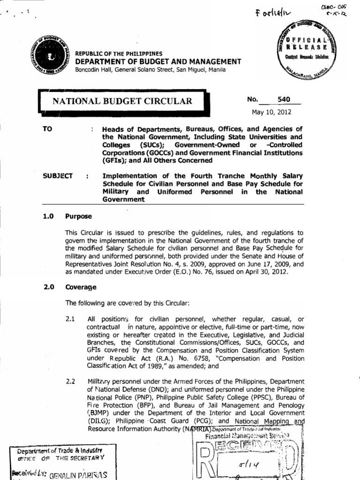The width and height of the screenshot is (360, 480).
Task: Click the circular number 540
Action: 284,99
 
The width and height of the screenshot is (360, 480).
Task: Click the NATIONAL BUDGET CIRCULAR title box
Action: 122,101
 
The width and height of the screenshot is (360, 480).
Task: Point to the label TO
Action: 47,129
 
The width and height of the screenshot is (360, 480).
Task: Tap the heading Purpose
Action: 78,217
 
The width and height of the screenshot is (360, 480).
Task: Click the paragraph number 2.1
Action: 71,319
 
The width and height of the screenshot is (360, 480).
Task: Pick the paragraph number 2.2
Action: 71,381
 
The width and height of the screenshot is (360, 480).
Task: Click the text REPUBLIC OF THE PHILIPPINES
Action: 119,54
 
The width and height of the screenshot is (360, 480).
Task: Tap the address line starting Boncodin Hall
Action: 150,70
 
